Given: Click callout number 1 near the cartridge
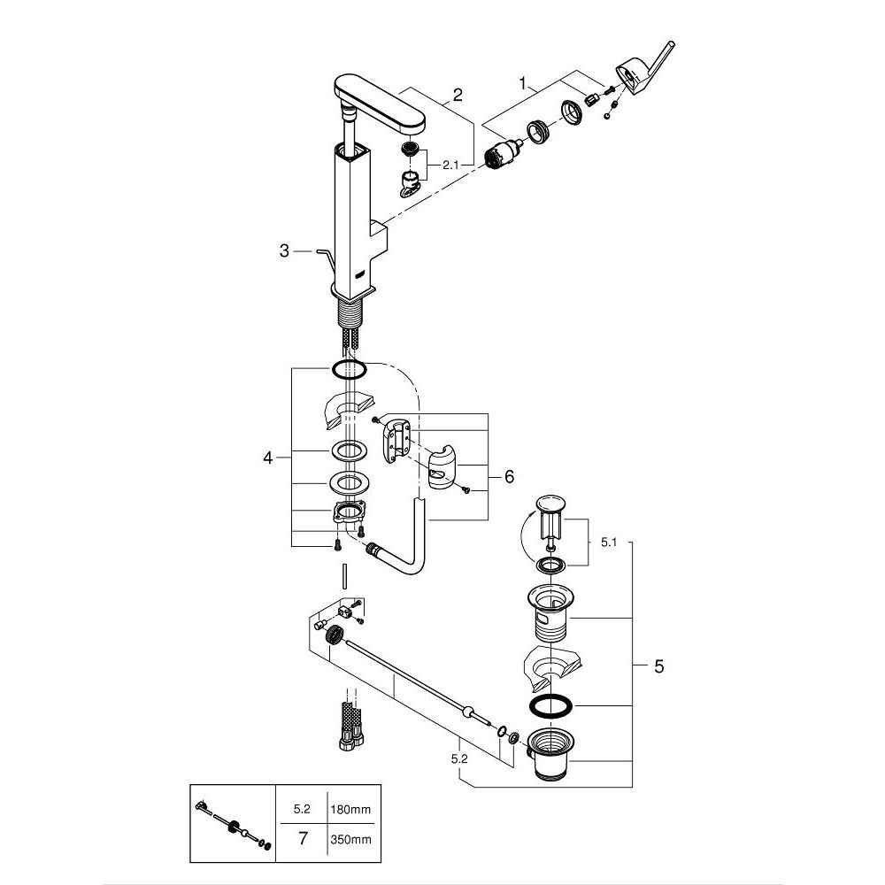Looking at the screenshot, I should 526,85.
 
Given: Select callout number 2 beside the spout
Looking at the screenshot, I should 457,96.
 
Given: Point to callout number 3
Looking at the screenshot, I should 284,252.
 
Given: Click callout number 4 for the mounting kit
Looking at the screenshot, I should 268,458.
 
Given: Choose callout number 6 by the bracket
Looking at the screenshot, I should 509,476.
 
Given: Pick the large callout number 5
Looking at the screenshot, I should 658,666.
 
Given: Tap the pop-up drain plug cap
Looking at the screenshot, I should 546,505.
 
